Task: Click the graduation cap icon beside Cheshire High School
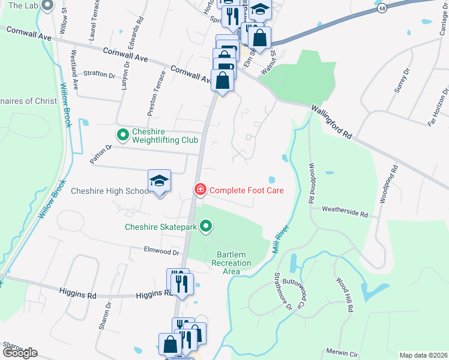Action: [160, 181]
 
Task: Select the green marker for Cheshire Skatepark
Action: [206, 227]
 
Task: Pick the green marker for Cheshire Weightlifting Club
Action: [122, 136]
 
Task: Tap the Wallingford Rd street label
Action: [331, 122]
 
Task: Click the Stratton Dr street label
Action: [99, 75]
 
